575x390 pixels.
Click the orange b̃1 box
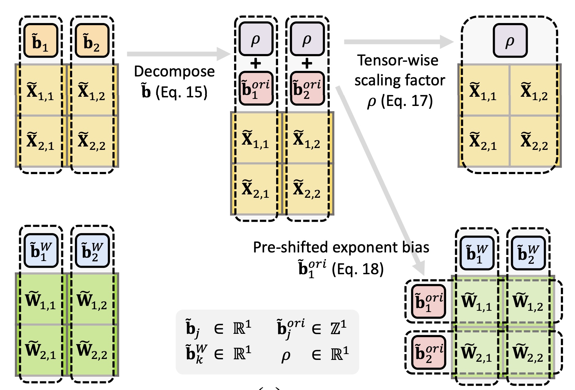coord(41,41)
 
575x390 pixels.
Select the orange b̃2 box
coord(92,41)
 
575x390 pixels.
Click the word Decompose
coord(174,72)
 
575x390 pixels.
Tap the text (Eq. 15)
coord(181,92)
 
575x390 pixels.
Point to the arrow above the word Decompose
coord(178,54)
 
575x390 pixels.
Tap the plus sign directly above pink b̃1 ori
coord(256,64)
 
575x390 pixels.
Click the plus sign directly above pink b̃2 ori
coord(307,64)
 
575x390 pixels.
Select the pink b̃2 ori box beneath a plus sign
coord(307,88)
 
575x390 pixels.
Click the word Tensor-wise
coord(397,60)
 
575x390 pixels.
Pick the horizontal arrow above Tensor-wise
coord(398,42)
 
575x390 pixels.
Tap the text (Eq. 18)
coord(358,269)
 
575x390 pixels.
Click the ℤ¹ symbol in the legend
coord(338,328)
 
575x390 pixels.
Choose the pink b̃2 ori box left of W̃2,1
coord(429,352)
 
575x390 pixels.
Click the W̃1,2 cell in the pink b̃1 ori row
coord(528,302)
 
